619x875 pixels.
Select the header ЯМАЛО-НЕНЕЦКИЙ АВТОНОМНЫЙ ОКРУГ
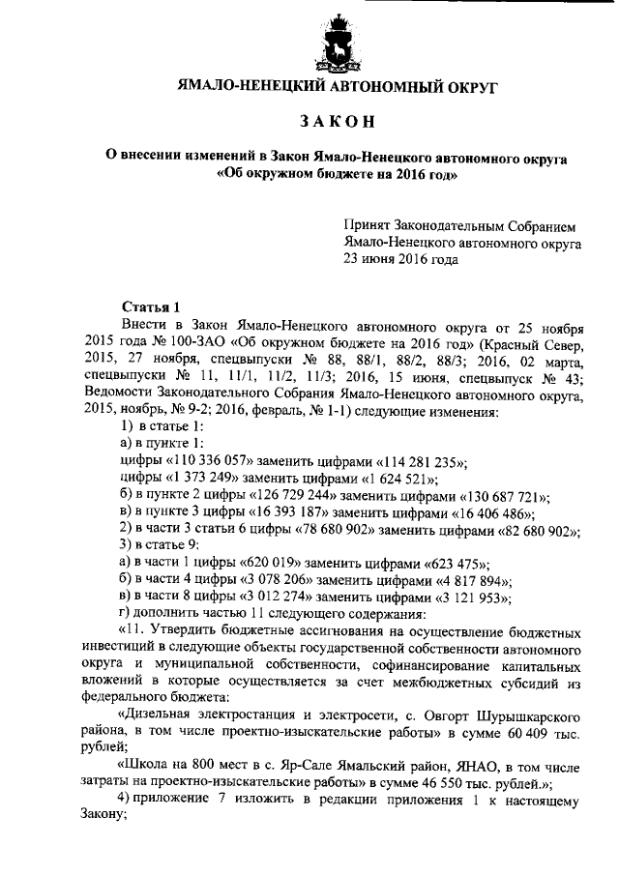[336, 87]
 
